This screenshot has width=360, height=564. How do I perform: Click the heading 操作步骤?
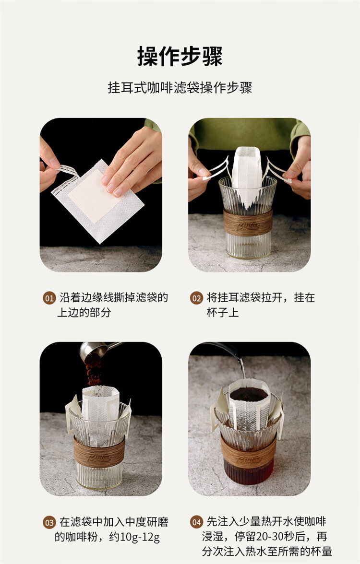180,57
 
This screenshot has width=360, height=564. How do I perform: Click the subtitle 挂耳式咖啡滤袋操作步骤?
180,88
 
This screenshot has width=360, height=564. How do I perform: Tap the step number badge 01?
49,298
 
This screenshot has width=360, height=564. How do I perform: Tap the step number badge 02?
197,298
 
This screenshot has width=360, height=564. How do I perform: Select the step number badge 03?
49,522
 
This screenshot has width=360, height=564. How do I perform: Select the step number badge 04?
197,522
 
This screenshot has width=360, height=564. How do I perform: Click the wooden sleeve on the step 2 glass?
248,223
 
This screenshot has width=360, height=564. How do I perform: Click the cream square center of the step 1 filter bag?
94,196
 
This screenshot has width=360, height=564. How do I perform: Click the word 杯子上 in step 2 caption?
223,312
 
